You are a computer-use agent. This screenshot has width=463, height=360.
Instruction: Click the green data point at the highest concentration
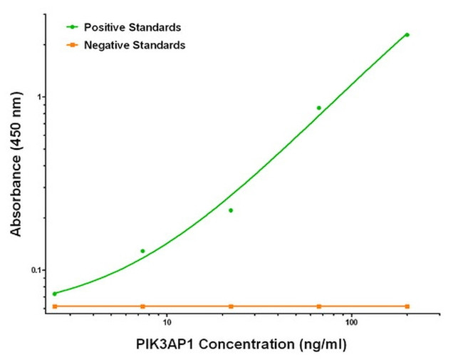[x=407, y=34]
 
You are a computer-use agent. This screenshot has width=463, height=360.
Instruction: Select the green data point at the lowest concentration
[x=55, y=294]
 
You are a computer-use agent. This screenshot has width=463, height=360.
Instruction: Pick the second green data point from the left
[x=142, y=251]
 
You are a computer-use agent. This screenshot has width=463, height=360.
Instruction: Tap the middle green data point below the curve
[x=231, y=210]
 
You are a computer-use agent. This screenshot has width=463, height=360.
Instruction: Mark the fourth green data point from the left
[x=318, y=108]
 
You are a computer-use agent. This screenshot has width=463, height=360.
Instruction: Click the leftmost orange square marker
[x=55, y=306]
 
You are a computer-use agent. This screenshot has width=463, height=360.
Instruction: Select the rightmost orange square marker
[x=407, y=306]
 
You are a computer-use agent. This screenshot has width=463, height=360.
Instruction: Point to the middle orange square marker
[x=231, y=306]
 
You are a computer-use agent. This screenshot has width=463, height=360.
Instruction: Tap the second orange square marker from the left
[x=142, y=306]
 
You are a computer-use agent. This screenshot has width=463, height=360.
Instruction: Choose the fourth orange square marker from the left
[x=318, y=306]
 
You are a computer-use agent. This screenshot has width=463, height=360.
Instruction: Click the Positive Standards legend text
[x=132, y=27]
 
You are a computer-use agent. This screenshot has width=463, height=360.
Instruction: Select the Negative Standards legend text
[x=135, y=45]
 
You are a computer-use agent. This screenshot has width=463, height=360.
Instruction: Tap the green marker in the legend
[x=72, y=27]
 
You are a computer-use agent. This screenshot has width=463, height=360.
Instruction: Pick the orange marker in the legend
[x=72, y=45]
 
